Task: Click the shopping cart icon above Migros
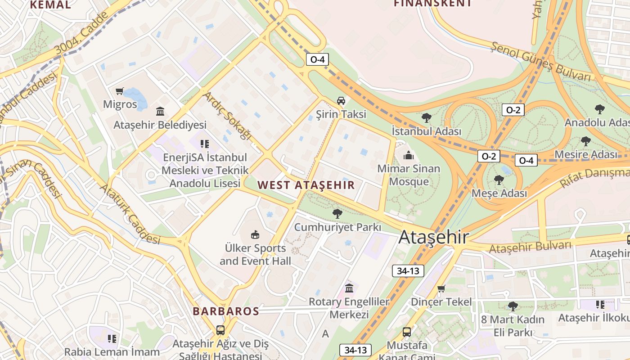coord(119,91)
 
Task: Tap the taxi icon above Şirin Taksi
coord(341,100)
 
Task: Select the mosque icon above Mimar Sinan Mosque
coord(409,156)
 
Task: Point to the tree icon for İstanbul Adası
coord(426,118)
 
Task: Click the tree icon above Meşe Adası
coord(499,180)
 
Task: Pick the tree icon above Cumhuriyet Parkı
coord(337,214)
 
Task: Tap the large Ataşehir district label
coord(434,237)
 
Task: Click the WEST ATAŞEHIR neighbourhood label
coord(306,185)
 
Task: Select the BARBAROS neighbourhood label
coord(226,311)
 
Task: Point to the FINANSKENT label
coord(432,4)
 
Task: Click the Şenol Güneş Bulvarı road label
coord(540,63)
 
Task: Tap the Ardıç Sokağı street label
coord(226,116)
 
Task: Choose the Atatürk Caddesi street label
coord(130,213)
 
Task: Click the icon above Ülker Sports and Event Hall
coord(255,234)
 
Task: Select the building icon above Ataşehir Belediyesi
coord(160,111)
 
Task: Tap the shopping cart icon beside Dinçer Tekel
coord(441,288)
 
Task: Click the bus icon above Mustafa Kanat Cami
coord(407,333)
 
